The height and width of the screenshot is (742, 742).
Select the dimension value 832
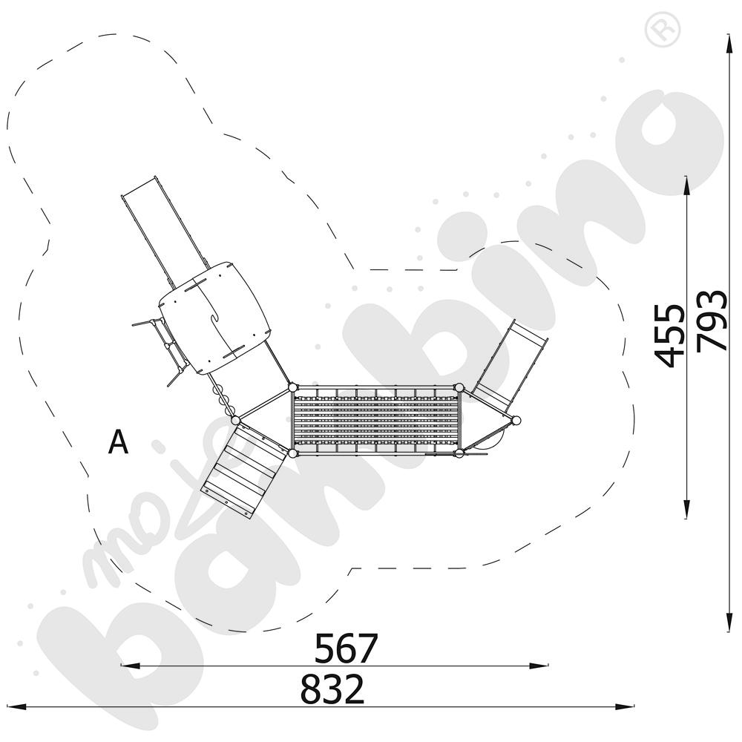332,690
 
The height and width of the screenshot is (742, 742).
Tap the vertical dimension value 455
672,335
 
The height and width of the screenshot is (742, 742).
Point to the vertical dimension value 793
712,320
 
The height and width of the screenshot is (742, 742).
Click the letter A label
118,442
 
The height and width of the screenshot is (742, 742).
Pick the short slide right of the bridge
512,364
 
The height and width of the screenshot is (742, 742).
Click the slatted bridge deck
376,420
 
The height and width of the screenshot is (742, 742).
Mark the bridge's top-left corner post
292,387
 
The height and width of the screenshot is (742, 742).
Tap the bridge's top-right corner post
459,387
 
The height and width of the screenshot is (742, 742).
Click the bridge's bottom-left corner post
292,453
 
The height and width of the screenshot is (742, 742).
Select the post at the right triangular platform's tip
516,421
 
